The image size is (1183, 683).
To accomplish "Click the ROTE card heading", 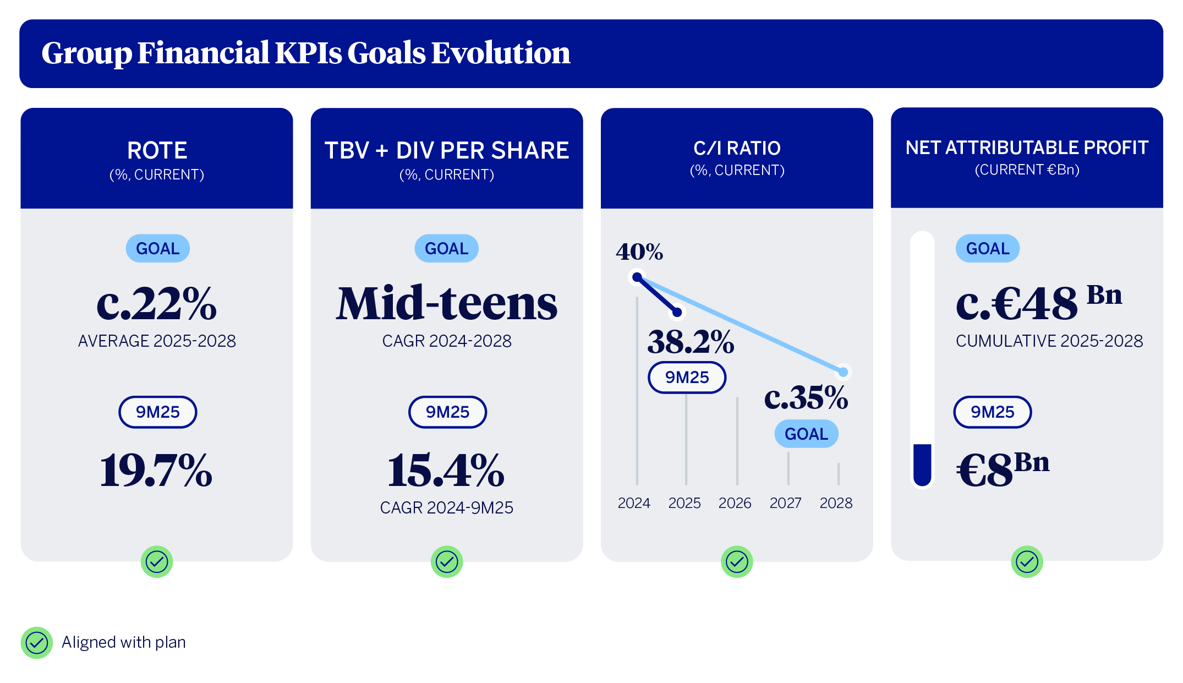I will click(157, 150).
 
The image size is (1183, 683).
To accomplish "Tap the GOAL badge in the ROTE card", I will click(157, 249).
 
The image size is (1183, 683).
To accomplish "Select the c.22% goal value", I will click(157, 303).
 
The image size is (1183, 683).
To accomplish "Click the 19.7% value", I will click(156, 470).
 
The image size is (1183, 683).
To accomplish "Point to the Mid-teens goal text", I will click(447, 303).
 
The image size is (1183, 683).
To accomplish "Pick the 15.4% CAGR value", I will click(446, 470).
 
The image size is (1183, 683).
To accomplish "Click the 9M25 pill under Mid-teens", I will click(447, 412).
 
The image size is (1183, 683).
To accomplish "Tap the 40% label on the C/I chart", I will click(639, 252).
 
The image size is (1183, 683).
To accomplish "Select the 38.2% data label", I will click(691, 342).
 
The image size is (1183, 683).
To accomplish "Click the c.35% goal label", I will click(806, 397).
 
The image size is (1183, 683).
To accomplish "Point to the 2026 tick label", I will click(735, 503).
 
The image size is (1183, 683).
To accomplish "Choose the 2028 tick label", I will click(836, 503).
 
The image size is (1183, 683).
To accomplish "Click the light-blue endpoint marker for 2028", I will click(843, 372).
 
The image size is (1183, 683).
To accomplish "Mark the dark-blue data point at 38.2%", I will click(677, 313).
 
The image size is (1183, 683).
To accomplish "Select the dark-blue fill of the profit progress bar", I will click(922, 463).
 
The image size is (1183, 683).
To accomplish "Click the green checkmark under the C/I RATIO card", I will click(737, 562).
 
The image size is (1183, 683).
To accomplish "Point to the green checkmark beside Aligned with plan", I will click(37, 642).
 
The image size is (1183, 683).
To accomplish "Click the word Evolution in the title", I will click(500, 53).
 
